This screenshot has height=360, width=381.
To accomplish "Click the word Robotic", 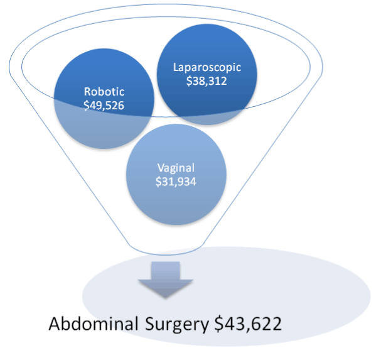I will coord(104,92).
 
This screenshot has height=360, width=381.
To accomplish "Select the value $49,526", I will coord(104,105).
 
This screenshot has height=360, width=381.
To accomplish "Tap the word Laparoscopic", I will coord(207,67).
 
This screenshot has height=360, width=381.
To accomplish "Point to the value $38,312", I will coord(207,81).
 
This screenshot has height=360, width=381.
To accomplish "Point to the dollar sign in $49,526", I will coord(86,105).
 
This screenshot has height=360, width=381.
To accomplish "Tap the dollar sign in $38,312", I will coord(190,81).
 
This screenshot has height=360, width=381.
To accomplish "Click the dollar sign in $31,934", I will coord(159,182).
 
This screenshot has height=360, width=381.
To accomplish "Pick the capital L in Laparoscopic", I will coord(175,67).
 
